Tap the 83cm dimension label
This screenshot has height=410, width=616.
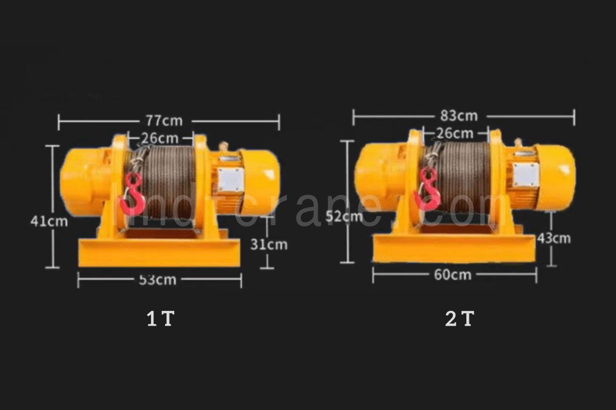459,116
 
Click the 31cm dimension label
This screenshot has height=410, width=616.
269,244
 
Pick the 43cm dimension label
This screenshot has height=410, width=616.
554,238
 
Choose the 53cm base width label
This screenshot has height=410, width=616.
158,280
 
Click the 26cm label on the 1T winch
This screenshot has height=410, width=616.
160,137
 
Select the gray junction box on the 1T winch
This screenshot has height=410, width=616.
229,180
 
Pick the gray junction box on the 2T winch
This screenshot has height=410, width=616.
525,175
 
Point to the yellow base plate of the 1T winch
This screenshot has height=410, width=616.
159,253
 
